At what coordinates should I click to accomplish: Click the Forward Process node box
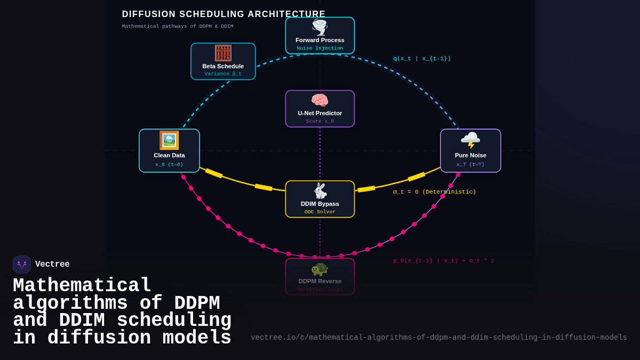320,36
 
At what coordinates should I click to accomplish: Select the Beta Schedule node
223,61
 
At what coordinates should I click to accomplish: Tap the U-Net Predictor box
320,109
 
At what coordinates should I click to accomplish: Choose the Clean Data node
169,151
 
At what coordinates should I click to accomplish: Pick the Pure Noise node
470,151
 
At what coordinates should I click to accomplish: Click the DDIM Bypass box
320,199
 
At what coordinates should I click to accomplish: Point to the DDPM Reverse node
320,277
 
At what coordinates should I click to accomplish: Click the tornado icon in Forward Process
320,27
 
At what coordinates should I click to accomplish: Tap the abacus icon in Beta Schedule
223,53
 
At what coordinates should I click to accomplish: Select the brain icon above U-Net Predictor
320,100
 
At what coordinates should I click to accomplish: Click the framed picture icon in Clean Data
169,140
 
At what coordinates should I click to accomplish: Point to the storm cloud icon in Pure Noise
470,140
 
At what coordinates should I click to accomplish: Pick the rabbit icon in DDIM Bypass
320,190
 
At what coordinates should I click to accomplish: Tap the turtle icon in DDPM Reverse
320,269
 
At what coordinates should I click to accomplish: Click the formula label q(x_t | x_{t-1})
422,59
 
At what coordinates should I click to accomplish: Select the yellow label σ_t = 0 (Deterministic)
435,192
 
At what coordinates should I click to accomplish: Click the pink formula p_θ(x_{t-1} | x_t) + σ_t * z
444,261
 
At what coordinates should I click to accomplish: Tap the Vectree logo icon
22,265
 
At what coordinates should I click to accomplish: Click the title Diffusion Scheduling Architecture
223,14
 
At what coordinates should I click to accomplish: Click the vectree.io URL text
439,338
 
